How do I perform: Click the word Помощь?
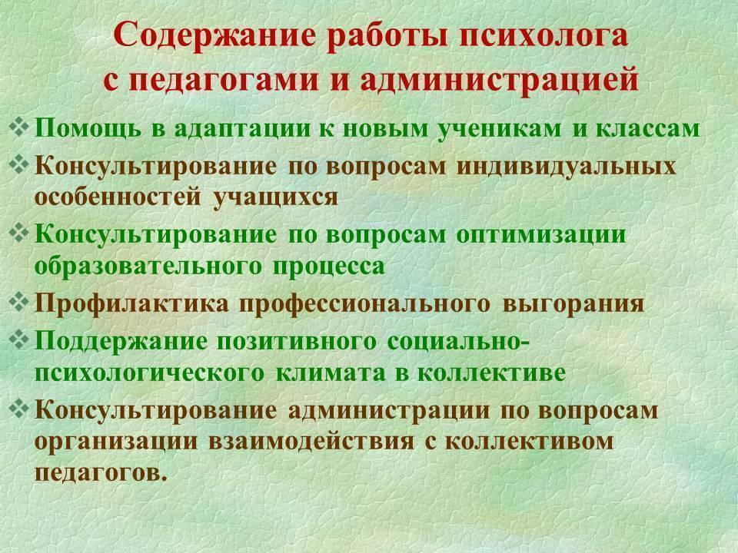point(88,129)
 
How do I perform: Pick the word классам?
point(648,128)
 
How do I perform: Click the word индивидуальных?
point(566,167)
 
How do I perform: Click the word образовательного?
point(148,265)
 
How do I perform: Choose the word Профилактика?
point(131,303)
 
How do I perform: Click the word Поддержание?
point(121,342)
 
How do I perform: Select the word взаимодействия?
point(311,442)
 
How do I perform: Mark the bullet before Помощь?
point(19,127)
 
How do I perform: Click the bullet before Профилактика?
point(19,303)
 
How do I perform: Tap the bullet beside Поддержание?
point(19,340)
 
